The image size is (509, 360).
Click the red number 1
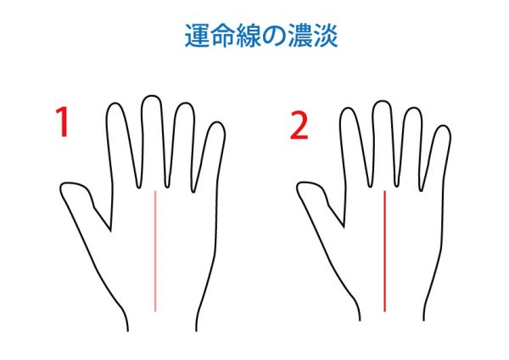pos(62,122)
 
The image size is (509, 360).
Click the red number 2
pos(299,125)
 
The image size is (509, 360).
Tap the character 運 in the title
pos(198,36)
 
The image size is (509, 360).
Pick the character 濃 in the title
pos(299,36)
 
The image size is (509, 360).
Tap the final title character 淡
pos(325,36)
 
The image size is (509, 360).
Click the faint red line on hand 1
pos(155,251)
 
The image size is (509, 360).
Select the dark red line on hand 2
pos(384,251)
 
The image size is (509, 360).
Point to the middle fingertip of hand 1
pos(151,96)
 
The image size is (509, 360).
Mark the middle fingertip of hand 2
pos(382,101)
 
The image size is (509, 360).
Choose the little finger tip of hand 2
pos(443,126)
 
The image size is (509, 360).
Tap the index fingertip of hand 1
pos(115,104)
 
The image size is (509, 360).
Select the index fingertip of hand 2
pos(348,109)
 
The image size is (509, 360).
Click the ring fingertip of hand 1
pos(185,104)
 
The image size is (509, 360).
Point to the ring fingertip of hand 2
pos(413,108)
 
